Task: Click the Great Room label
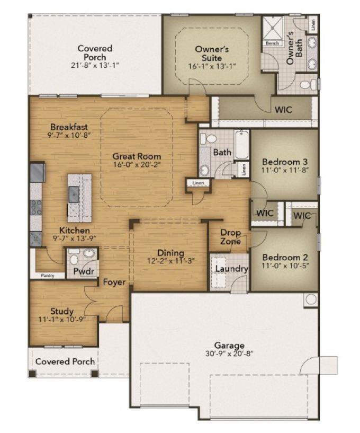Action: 137,156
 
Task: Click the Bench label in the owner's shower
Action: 272,43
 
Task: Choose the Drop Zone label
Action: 230,237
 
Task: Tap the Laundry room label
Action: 231,269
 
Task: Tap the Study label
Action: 62,311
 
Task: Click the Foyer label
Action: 114,282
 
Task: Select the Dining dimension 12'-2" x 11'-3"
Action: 170,261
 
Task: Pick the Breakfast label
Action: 69,127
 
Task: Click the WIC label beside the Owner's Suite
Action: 284,110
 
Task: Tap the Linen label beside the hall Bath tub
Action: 244,170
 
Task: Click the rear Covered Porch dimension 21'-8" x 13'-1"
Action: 95,66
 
